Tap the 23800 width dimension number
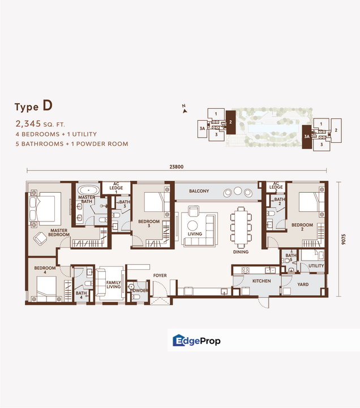pyautogui.click(x=177, y=167)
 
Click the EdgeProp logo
pyautogui.click(x=196, y=341)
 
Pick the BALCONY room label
pyautogui.click(x=199, y=192)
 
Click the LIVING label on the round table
pyautogui.click(x=195, y=233)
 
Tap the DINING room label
pyautogui.click(x=241, y=252)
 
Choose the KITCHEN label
pyautogui.click(x=253, y=281)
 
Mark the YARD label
pyautogui.click(x=303, y=284)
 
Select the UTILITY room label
pyautogui.click(x=316, y=266)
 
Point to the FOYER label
pyautogui.click(x=160, y=276)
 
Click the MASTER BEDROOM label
pyautogui.click(x=59, y=232)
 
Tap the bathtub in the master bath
pyautogui.click(x=88, y=189)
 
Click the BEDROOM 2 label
pyautogui.click(x=302, y=227)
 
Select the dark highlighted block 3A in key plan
pyautogui.click(x=306, y=137)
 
